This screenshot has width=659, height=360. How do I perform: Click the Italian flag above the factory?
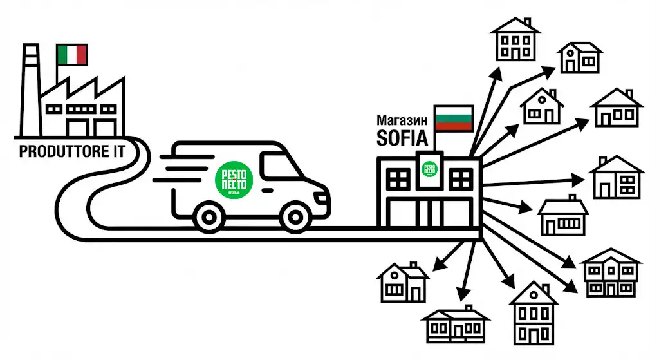(x=71, y=54)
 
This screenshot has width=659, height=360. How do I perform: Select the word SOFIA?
(x=403, y=138)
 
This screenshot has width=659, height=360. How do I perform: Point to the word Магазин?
(x=403, y=120)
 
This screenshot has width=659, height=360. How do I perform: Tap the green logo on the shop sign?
(x=429, y=169)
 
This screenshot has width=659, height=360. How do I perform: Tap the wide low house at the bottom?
(x=454, y=325)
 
